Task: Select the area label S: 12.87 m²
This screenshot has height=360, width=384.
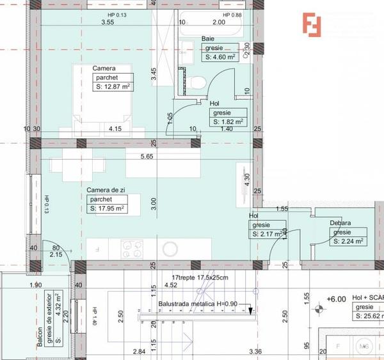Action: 113,87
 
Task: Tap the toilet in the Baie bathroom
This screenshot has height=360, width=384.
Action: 197,81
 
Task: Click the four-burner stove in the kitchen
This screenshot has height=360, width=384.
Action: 132,248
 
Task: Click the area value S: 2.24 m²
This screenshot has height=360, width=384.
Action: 348,241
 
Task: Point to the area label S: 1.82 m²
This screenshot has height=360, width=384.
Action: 227,121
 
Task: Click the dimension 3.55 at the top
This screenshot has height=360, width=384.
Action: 108,22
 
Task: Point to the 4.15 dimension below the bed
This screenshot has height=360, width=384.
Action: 115,129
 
